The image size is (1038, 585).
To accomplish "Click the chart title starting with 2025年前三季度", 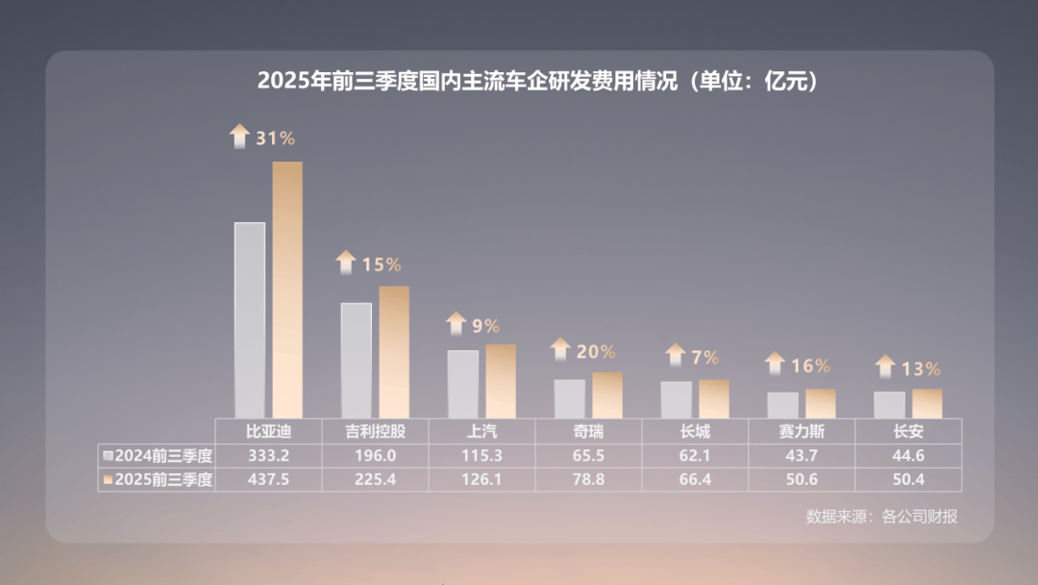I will [x=537, y=81].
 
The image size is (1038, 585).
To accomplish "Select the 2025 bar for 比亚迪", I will [x=287, y=289].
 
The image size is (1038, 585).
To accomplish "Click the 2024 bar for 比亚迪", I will [x=250, y=319].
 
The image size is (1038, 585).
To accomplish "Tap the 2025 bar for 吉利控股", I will [x=394, y=351].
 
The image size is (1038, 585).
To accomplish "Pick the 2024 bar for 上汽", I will [x=462, y=384].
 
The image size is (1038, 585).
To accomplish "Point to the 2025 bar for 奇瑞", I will [x=607, y=394].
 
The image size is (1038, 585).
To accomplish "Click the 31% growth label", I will [x=275, y=138].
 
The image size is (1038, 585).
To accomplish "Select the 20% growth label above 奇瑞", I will [x=596, y=352].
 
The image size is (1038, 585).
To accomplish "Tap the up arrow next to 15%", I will [x=346, y=263].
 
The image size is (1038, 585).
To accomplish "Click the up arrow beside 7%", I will [x=676, y=355].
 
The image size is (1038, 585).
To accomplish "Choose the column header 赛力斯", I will [x=802, y=431].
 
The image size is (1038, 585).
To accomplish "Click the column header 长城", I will [x=695, y=431].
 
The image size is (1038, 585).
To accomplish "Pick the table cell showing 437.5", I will [x=268, y=479].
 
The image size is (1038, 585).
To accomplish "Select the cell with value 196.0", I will [x=375, y=455].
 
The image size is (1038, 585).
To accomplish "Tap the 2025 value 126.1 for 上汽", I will [x=482, y=479].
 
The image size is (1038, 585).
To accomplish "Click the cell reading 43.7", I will [x=802, y=455].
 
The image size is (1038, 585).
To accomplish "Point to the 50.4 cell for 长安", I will [x=908, y=479].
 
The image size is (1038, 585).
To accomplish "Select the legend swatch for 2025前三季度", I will [x=108, y=479].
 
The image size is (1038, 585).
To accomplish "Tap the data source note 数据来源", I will [x=881, y=517].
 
